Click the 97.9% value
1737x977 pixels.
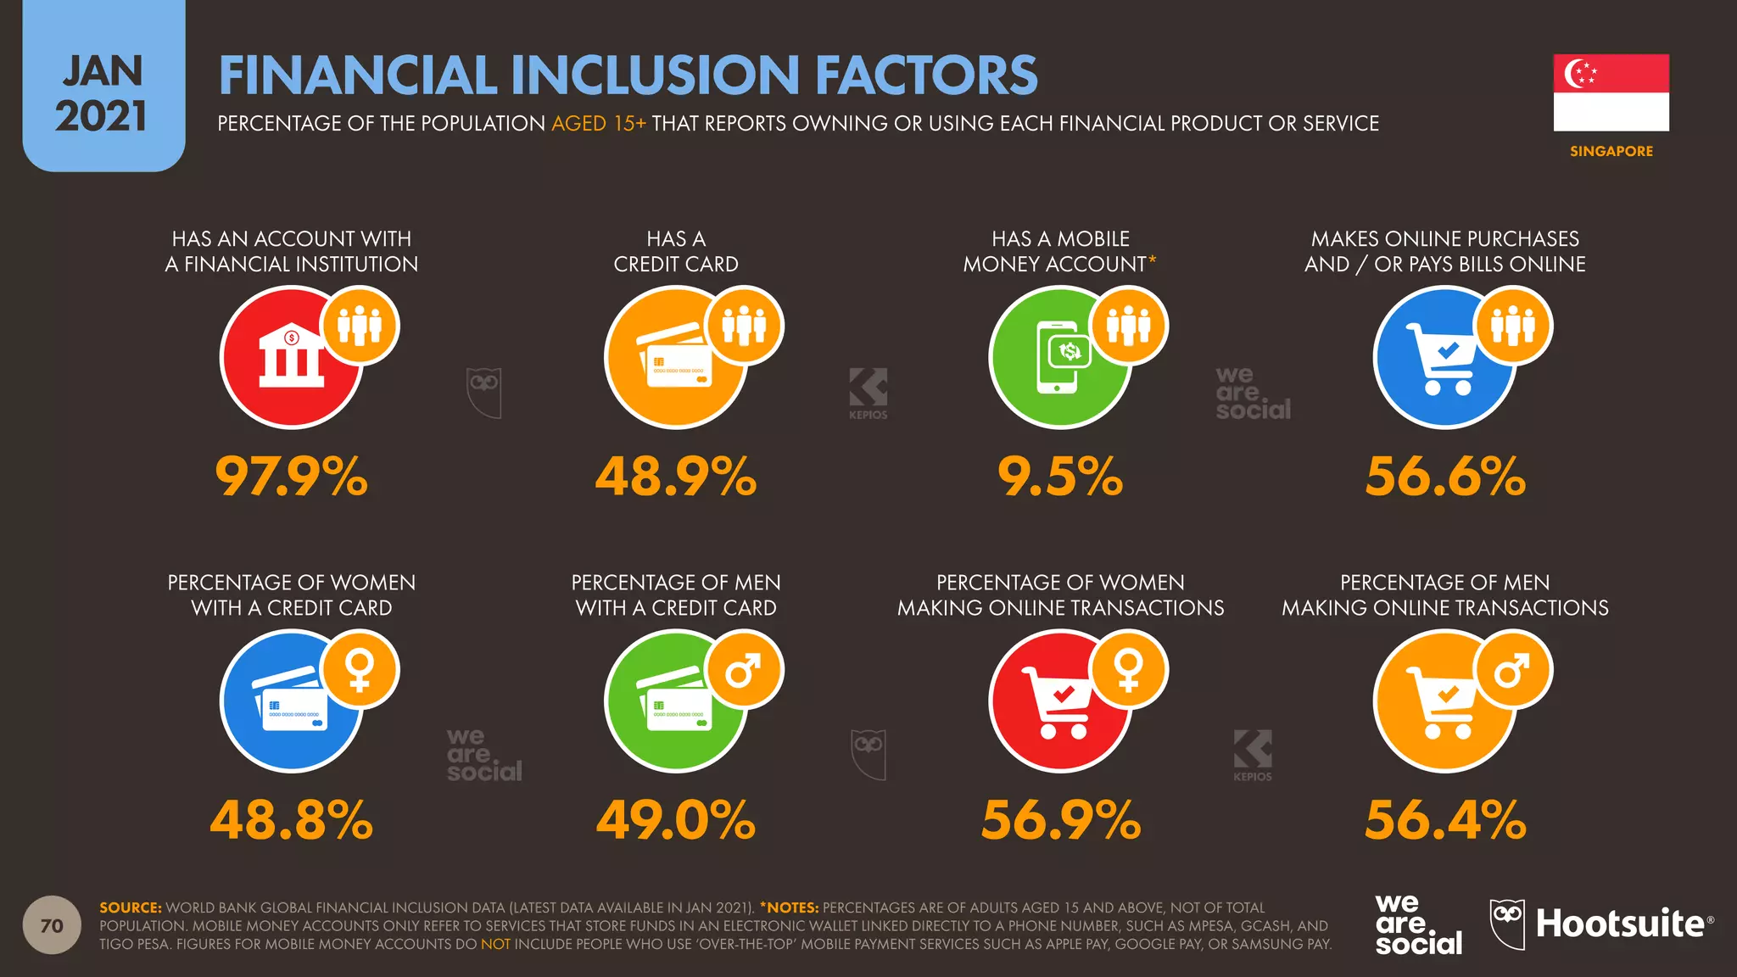[x=291, y=476]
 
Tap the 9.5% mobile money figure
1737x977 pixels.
[x=1059, y=476]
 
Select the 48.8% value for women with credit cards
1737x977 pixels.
[x=291, y=820]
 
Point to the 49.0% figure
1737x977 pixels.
[x=675, y=820]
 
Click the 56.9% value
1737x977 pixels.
[x=1060, y=820]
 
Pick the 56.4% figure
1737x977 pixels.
[x=1444, y=820]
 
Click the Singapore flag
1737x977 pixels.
[x=1611, y=92]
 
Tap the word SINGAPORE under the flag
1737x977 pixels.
[x=1611, y=151]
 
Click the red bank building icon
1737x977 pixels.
[x=290, y=358]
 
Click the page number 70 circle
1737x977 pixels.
[x=52, y=925]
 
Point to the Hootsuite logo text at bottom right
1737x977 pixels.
[x=1620, y=924]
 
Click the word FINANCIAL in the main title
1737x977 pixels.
[x=357, y=75]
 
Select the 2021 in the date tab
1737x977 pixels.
[x=102, y=116]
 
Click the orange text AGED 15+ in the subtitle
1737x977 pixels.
[x=598, y=124]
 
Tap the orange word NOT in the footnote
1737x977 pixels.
[x=495, y=944]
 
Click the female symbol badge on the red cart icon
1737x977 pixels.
[x=1129, y=670]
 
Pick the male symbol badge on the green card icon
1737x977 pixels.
[x=745, y=670]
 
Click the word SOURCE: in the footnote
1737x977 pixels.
[x=130, y=907]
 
